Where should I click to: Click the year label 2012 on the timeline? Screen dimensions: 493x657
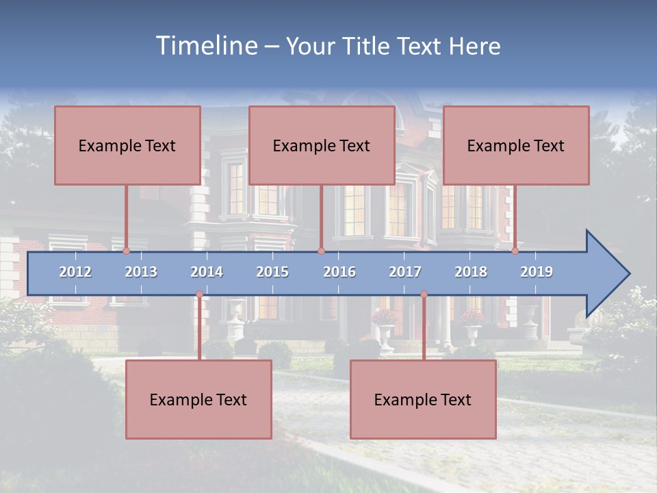point(75,272)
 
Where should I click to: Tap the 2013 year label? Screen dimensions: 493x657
point(141,272)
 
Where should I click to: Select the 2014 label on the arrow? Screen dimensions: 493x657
point(207,272)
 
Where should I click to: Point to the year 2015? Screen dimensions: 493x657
point(272,272)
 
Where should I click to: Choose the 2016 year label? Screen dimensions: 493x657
point(339,272)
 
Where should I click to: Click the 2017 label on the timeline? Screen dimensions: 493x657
point(405,272)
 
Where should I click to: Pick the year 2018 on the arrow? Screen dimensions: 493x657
point(471,272)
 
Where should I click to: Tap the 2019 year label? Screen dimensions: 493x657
point(537,272)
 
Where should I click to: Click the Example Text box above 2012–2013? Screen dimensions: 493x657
point(127,145)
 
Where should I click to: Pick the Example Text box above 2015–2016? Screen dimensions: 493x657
point(322,145)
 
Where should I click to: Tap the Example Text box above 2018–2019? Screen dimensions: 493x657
point(516,145)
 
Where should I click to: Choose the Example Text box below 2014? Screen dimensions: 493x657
point(198,399)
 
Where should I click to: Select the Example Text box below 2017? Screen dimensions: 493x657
point(423,399)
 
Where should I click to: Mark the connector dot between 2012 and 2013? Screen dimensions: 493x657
point(127,251)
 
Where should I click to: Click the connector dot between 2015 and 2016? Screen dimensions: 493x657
point(321,251)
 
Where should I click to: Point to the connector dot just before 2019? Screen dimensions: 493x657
point(515,251)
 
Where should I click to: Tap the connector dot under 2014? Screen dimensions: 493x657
point(199,294)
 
